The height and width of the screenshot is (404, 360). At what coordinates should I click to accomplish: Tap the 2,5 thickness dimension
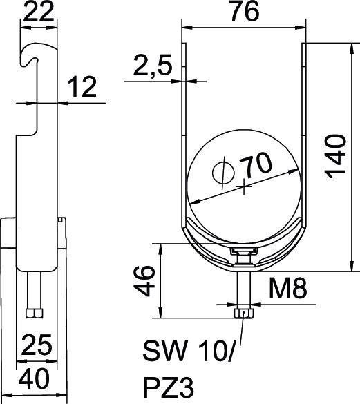coord(153,66)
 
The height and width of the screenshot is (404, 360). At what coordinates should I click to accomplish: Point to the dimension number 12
coord(82,86)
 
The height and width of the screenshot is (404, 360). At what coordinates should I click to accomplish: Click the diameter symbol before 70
coord(223,171)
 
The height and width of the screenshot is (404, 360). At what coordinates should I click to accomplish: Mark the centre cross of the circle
coord(244,186)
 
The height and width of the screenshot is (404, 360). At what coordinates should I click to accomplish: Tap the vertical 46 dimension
coord(144,281)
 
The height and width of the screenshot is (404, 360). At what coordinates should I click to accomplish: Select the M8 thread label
coord(288,289)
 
